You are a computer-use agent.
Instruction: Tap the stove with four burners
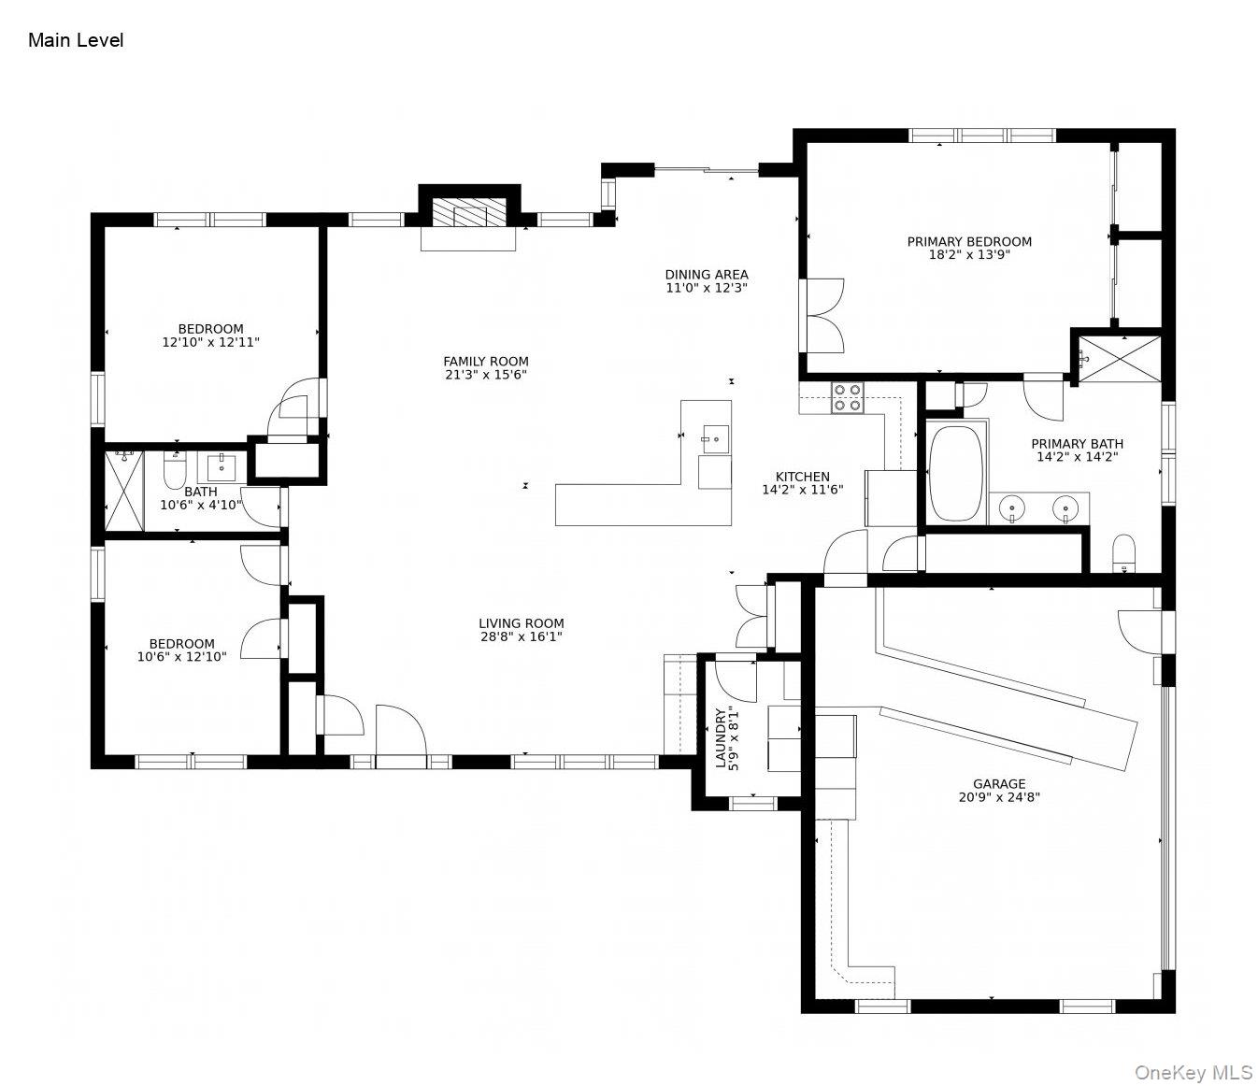click(848, 398)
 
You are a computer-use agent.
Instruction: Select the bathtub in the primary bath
click(955, 474)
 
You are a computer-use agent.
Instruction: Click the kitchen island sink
click(715, 436)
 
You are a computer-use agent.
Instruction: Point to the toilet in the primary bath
click(1123, 552)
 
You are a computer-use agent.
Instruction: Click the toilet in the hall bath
click(175, 470)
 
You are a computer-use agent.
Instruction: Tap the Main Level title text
click(76, 40)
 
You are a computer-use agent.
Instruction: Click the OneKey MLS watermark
click(1193, 1071)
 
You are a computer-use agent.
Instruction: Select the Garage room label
click(999, 784)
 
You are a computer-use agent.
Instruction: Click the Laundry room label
click(721, 737)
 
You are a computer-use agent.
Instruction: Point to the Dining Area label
click(706, 275)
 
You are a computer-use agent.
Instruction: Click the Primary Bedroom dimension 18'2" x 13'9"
click(969, 254)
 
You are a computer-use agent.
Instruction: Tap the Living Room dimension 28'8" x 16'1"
click(521, 636)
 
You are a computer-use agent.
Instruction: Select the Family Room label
click(486, 362)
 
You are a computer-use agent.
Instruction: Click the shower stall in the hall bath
click(123, 491)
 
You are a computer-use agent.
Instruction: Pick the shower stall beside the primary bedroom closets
click(1119, 359)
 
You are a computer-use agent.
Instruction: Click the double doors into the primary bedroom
click(822, 315)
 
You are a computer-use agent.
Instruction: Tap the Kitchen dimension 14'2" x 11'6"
click(803, 489)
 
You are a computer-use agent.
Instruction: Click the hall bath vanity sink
click(222, 466)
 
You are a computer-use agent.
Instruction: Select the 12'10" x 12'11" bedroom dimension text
click(210, 342)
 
